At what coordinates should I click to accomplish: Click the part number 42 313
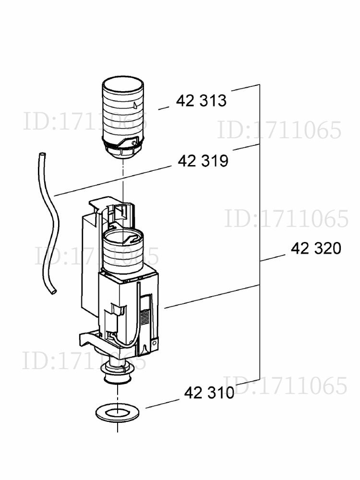point(201,100)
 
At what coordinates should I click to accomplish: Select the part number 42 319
point(203,161)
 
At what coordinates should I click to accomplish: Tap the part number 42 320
point(316,248)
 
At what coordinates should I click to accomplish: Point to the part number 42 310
point(209,393)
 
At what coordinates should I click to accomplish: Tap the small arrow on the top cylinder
point(135,105)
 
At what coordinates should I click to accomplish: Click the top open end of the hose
point(42,154)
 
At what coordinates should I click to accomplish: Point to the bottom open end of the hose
point(53,292)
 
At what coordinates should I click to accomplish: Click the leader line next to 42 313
point(164,108)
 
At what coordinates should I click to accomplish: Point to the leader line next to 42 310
point(162,404)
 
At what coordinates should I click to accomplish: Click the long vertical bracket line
point(260,232)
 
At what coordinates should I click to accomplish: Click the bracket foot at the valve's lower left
point(89,340)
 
